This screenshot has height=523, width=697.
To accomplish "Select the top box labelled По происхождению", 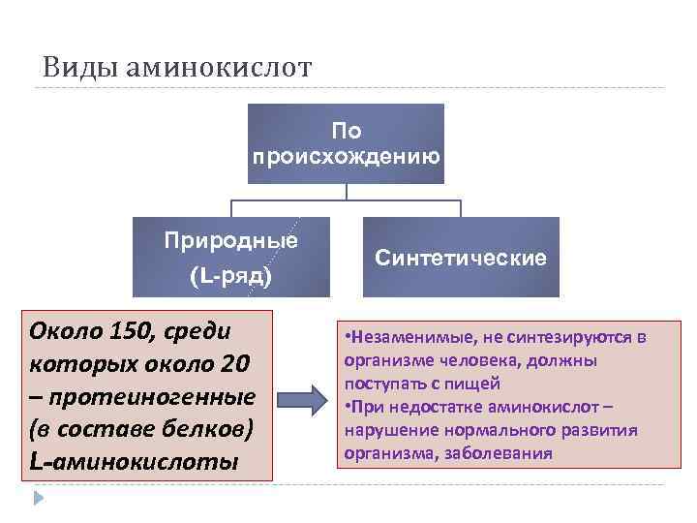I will click(346, 143).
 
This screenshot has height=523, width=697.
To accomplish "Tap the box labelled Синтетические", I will click(461, 258).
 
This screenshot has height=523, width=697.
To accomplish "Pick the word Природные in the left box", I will click(231, 240).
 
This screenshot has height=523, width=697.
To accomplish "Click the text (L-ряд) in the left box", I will click(231, 277).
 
